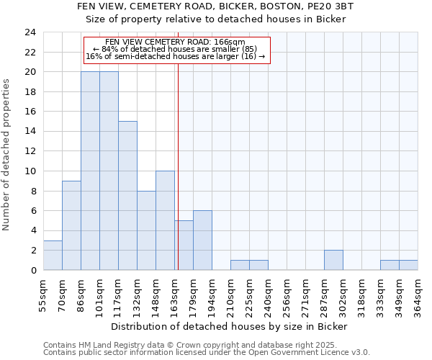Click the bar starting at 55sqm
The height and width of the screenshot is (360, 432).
click(53, 256)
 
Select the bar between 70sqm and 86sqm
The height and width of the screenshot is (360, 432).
click(71, 225)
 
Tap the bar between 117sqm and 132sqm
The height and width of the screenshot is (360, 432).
click(127, 196)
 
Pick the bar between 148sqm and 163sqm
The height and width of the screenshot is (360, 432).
click(165, 220)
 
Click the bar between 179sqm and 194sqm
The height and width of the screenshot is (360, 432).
click(202, 240)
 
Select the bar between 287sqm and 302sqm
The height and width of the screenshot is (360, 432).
click(333, 260)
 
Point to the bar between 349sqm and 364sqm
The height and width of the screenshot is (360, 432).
click(408, 265)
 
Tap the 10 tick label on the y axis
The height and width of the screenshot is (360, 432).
click(30, 171)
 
